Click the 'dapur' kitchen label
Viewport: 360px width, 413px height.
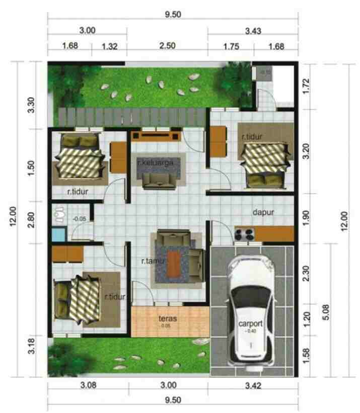tap(263, 212)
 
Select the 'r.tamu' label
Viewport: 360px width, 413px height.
tap(151, 261)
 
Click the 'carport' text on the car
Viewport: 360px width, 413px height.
tap(250, 323)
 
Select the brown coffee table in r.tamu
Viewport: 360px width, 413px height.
tap(174, 264)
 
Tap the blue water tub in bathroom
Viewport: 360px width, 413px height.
tap(59, 234)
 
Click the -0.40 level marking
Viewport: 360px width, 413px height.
tap(250, 332)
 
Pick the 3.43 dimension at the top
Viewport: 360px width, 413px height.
tap(253, 31)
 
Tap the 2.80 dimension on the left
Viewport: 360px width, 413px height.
tap(32, 220)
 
